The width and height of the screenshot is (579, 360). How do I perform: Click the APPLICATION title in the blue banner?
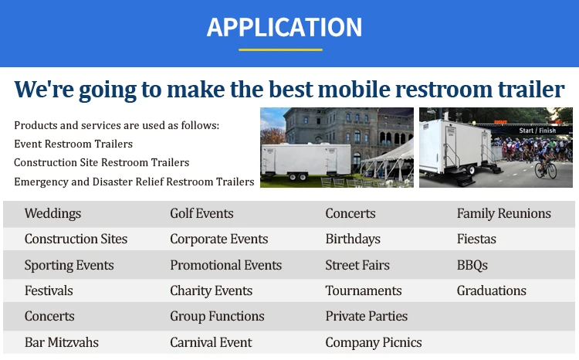284,27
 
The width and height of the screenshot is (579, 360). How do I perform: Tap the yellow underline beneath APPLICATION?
281,49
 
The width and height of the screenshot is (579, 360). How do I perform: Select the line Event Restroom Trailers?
73,144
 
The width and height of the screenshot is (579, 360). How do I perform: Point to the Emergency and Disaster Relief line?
134,182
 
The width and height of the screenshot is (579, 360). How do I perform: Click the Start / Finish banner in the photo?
537,131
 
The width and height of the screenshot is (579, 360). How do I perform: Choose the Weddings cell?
52,214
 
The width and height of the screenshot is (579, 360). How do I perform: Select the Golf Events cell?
201,214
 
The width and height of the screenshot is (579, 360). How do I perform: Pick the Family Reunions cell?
503,214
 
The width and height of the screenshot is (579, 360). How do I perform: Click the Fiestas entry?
476,239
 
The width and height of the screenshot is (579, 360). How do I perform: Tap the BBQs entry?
472,265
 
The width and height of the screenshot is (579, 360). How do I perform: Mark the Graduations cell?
492,290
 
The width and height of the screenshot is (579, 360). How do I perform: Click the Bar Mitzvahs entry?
62,342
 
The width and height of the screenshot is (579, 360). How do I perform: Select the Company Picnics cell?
374,343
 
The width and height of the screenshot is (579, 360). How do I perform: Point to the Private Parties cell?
366,317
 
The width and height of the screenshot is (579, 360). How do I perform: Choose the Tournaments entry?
364,290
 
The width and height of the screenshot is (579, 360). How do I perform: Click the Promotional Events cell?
225,265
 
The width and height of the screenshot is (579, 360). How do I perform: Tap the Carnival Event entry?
211,342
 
